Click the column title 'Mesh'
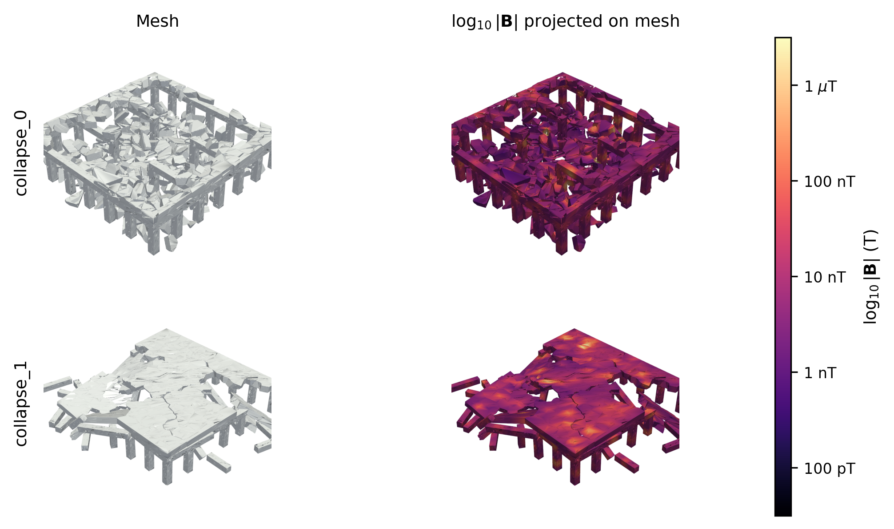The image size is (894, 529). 157,21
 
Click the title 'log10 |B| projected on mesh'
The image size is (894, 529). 565,21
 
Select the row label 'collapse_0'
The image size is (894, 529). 21,153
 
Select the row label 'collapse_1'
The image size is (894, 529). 21,404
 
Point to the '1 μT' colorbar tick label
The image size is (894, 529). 821,86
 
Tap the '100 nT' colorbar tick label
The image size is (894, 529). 830,182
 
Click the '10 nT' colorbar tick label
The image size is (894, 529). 825,277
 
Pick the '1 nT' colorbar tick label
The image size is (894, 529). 821,373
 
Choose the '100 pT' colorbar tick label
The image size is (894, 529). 830,468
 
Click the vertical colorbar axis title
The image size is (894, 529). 871,277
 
